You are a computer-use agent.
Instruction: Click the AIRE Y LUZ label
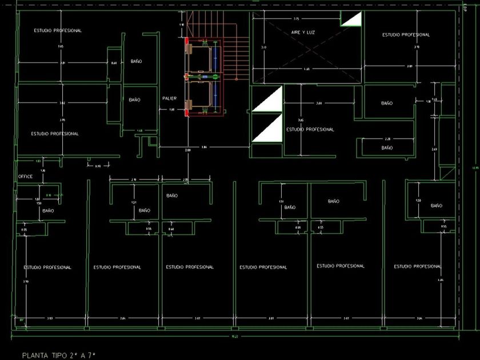click(x=303, y=33)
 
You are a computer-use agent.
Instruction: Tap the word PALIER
click(x=169, y=98)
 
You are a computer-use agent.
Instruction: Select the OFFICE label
click(x=26, y=177)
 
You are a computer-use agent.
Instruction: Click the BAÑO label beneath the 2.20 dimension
click(x=387, y=147)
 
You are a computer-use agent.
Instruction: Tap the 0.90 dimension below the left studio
click(x=97, y=166)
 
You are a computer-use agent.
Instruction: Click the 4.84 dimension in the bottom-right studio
click(x=440, y=280)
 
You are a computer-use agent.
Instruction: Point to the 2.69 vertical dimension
click(x=434, y=149)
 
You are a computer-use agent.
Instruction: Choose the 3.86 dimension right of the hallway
click(x=204, y=147)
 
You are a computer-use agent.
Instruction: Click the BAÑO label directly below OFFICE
click(x=48, y=210)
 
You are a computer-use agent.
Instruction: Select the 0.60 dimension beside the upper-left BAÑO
click(x=114, y=63)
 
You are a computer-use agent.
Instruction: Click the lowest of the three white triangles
click(x=268, y=129)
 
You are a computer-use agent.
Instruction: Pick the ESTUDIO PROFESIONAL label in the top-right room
click(x=406, y=35)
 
